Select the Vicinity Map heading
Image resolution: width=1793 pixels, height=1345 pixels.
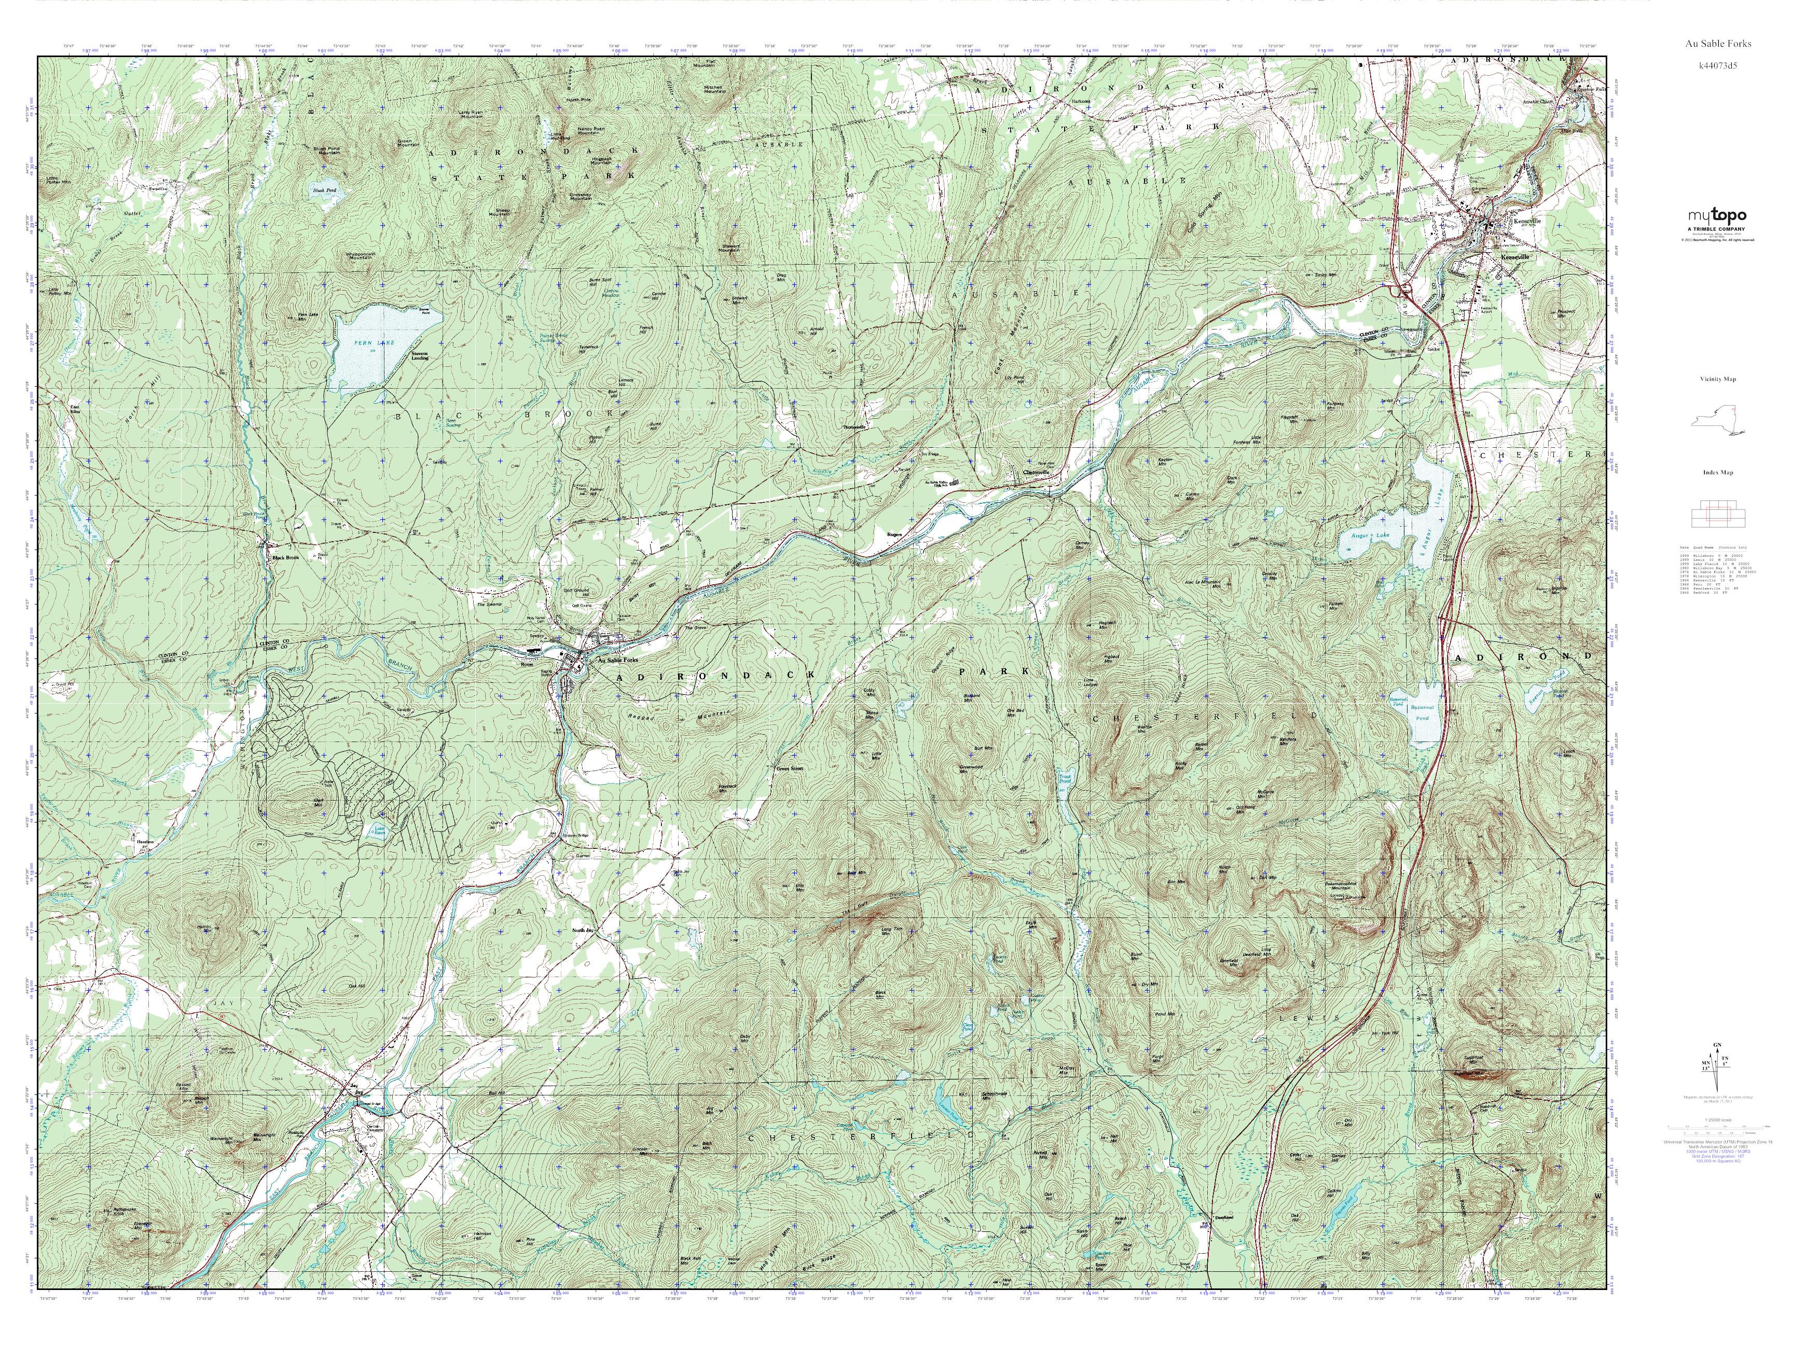point(1718,379)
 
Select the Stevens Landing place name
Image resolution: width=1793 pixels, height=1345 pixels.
point(419,355)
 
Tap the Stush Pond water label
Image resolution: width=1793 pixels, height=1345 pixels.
point(324,190)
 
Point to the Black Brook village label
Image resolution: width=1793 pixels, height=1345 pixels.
point(285,558)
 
